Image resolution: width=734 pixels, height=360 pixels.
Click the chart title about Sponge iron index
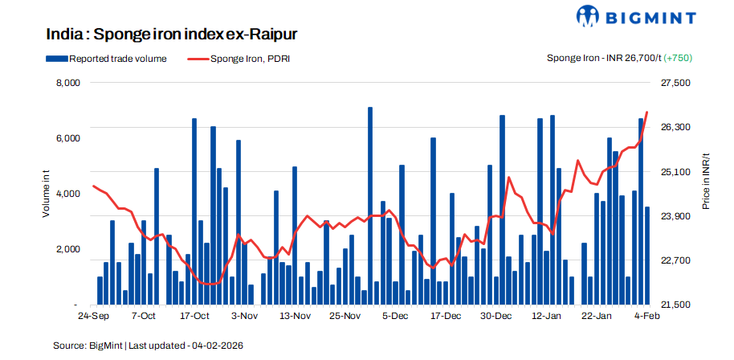(x=173, y=35)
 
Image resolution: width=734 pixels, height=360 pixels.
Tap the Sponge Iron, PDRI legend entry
(x=238, y=58)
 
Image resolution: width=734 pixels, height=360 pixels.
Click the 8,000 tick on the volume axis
(x=67, y=83)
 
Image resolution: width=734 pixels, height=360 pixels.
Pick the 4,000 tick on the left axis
(x=67, y=194)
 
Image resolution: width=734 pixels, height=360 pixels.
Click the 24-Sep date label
(x=95, y=317)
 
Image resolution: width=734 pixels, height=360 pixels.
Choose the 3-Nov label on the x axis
(x=244, y=317)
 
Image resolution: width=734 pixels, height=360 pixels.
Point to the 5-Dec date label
(x=395, y=317)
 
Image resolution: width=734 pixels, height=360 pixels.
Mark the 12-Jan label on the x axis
(x=546, y=317)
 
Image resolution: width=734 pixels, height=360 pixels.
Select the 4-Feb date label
(x=646, y=317)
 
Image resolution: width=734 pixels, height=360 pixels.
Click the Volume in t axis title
(x=47, y=194)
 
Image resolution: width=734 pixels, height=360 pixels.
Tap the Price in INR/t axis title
(x=706, y=183)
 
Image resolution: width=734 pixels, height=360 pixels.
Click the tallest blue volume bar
(x=370, y=206)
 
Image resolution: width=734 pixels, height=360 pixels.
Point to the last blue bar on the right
(x=647, y=256)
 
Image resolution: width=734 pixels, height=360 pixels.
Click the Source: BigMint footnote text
(x=148, y=346)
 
